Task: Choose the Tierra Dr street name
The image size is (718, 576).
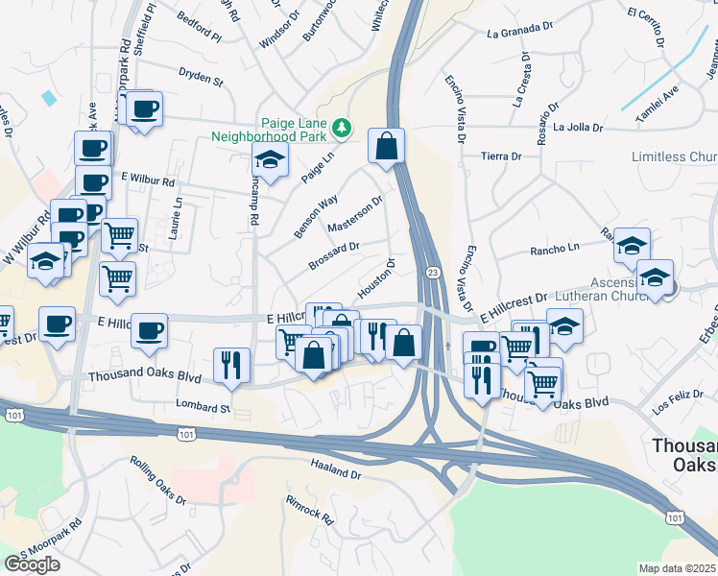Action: pyautogui.click(x=501, y=156)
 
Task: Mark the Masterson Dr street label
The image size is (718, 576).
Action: pyautogui.click(x=355, y=214)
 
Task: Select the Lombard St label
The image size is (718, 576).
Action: pyautogui.click(x=203, y=407)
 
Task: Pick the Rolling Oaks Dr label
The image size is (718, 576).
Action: pyautogui.click(x=157, y=479)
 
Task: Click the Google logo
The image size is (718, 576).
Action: pyautogui.click(x=33, y=564)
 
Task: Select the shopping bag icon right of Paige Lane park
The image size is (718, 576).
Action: pyautogui.click(x=386, y=147)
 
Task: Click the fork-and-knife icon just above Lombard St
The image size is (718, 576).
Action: pyautogui.click(x=231, y=365)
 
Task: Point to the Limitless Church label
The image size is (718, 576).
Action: pyautogui.click(x=674, y=156)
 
